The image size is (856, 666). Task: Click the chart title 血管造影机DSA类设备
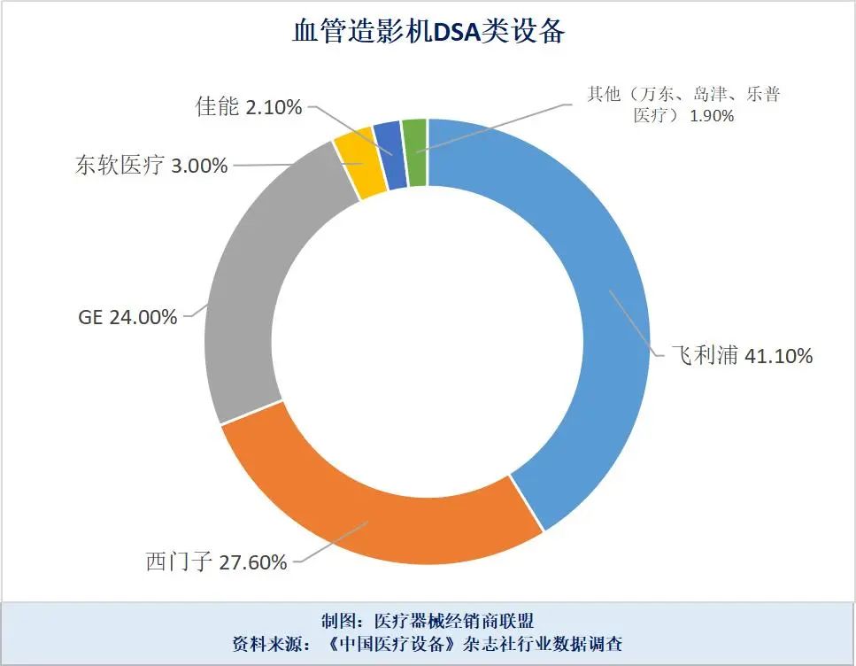coord(428,33)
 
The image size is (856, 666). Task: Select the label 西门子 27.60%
coord(216,561)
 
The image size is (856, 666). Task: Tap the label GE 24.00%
coord(127,317)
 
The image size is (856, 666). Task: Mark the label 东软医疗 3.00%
coord(151,165)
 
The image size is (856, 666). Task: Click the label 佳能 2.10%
coord(249,107)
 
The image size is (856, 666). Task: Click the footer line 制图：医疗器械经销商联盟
coord(428,620)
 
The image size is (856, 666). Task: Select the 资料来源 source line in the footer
coord(428,644)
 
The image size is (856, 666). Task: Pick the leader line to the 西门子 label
coord(332,542)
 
